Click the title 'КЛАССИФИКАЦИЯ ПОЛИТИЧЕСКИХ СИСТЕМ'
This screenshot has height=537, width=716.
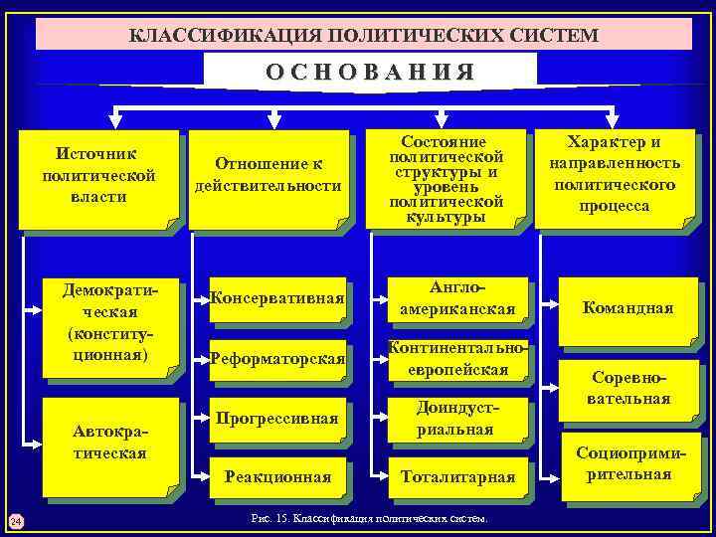pos(364,35)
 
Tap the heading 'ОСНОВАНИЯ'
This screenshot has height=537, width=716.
pos(369,72)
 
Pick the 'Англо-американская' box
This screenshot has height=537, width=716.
pos(456,297)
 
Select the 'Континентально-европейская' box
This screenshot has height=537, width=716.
pos(456,358)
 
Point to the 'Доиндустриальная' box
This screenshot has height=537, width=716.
pos(456,418)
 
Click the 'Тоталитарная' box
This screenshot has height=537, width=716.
pos(456,477)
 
